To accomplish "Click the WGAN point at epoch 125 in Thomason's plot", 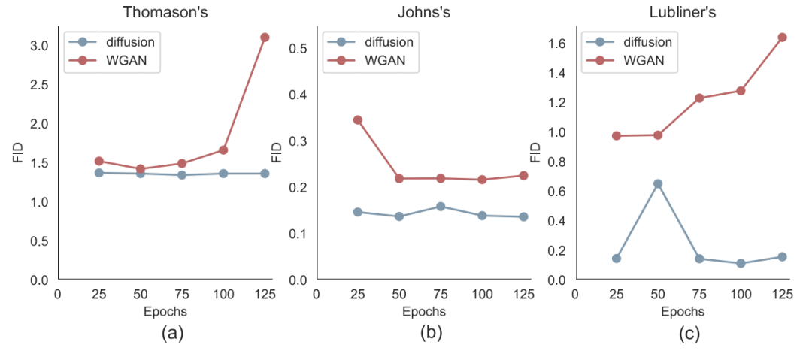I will pyautogui.click(x=265, y=37).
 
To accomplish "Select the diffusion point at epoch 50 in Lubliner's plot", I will pyautogui.click(x=658, y=183).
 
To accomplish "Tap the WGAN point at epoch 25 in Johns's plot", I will pyautogui.click(x=358, y=119).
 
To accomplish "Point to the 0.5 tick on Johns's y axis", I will pyautogui.click(x=298, y=48).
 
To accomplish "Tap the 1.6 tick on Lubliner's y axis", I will pyautogui.click(x=557, y=44).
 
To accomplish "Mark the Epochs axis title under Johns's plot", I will pyautogui.click(x=424, y=310).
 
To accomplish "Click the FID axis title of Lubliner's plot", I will pyautogui.click(x=535, y=153).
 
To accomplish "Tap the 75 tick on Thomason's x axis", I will pyautogui.click(x=182, y=294).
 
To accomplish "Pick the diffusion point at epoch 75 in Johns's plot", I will pyautogui.click(x=441, y=206).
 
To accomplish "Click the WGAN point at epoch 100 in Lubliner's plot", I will pyautogui.click(x=741, y=91).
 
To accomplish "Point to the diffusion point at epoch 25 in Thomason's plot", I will pyautogui.click(x=99, y=173).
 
